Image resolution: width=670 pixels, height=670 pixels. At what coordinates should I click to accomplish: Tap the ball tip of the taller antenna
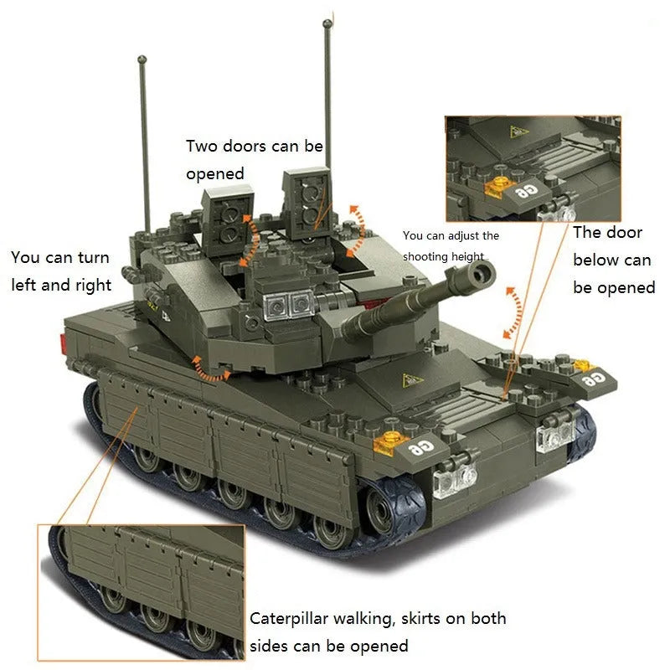pos(327,23)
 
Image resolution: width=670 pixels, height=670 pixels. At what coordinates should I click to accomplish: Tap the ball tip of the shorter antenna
pos(142,59)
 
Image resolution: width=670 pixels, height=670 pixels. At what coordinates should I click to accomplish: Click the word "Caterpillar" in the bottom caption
pos(288,619)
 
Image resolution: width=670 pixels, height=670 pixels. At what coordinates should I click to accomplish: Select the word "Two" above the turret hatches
pos(201,146)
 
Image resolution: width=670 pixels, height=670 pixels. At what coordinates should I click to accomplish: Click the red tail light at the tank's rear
pos(64,344)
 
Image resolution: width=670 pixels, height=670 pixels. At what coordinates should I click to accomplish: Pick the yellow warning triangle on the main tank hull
pos(411,380)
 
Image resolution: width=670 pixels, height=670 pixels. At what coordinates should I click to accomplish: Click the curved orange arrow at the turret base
pos(210,370)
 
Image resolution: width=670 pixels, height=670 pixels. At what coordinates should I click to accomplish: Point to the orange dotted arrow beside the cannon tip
pos(514,312)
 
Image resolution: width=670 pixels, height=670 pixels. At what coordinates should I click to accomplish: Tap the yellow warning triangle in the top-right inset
pos(518,131)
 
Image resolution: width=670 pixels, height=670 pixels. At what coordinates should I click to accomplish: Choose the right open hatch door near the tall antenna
pos(307,202)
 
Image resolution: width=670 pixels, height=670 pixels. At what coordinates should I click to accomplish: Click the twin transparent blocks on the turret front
pos(290,305)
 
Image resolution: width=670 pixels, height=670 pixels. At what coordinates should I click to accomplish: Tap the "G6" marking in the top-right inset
pos(526,192)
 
